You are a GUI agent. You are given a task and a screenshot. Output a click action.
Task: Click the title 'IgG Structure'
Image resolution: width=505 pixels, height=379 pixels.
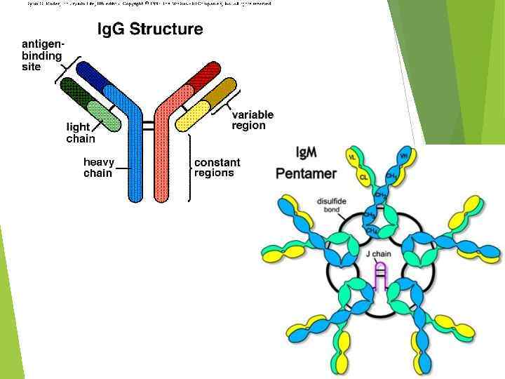pos(149,29)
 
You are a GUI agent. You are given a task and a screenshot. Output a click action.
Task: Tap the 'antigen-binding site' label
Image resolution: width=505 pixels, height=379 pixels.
pos(41,55)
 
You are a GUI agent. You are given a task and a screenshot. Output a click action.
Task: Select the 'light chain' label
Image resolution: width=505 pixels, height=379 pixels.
pos(81,133)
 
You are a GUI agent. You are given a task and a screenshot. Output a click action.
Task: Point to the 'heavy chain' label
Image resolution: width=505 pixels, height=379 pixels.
pos(97,167)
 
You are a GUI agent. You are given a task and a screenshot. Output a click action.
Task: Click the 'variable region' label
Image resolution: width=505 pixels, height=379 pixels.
pos(252,120)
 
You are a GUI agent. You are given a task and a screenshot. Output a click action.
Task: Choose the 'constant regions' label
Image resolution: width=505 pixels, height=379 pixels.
pos(217,167)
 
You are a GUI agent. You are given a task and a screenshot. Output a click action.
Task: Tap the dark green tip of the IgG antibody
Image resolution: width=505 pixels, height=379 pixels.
pos(73,91)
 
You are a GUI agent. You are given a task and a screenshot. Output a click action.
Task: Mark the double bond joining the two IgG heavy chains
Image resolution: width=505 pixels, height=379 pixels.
pos(149,126)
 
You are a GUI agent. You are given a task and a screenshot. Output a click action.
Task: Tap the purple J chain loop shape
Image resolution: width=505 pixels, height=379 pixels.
pos(379,277)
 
